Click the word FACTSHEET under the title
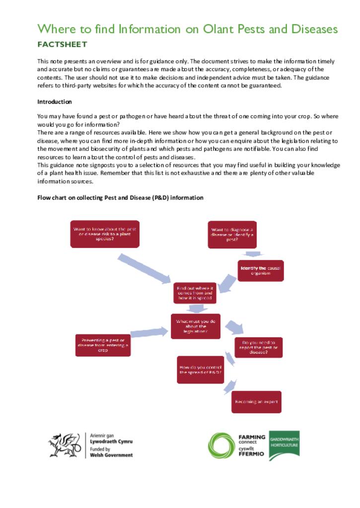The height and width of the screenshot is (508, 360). pyautogui.click(x=62, y=45)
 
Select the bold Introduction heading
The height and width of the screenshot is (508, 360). pyautogui.click(x=55, y=102)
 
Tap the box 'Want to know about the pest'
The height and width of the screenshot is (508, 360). pyautogui.click(x=105, y=234)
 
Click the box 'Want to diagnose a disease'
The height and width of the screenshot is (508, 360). pyautogui.click(x=232, y=235)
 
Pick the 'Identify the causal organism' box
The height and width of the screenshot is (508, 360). pyautogui.click(x=261, y=271)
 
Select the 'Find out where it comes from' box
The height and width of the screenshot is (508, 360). pyautogui.click(x=195, y=293)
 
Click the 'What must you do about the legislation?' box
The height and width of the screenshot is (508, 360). pyautogui.click(x=195, y=326)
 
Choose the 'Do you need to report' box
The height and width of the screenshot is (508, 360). pyautogui.click(x=258, y=347)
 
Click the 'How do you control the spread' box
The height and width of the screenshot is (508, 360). pyautogui.click(x=200, y=370)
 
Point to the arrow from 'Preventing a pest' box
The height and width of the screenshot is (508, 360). pyautogui.click(x=149, y=332)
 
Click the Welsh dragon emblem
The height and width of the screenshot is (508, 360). pyautogui.click(x=64, y=445)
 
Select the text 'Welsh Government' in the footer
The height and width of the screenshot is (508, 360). pyautogui.click(x=111, y=455)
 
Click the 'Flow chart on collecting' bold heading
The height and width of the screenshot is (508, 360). pyautogui.click(x=120, y=197)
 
